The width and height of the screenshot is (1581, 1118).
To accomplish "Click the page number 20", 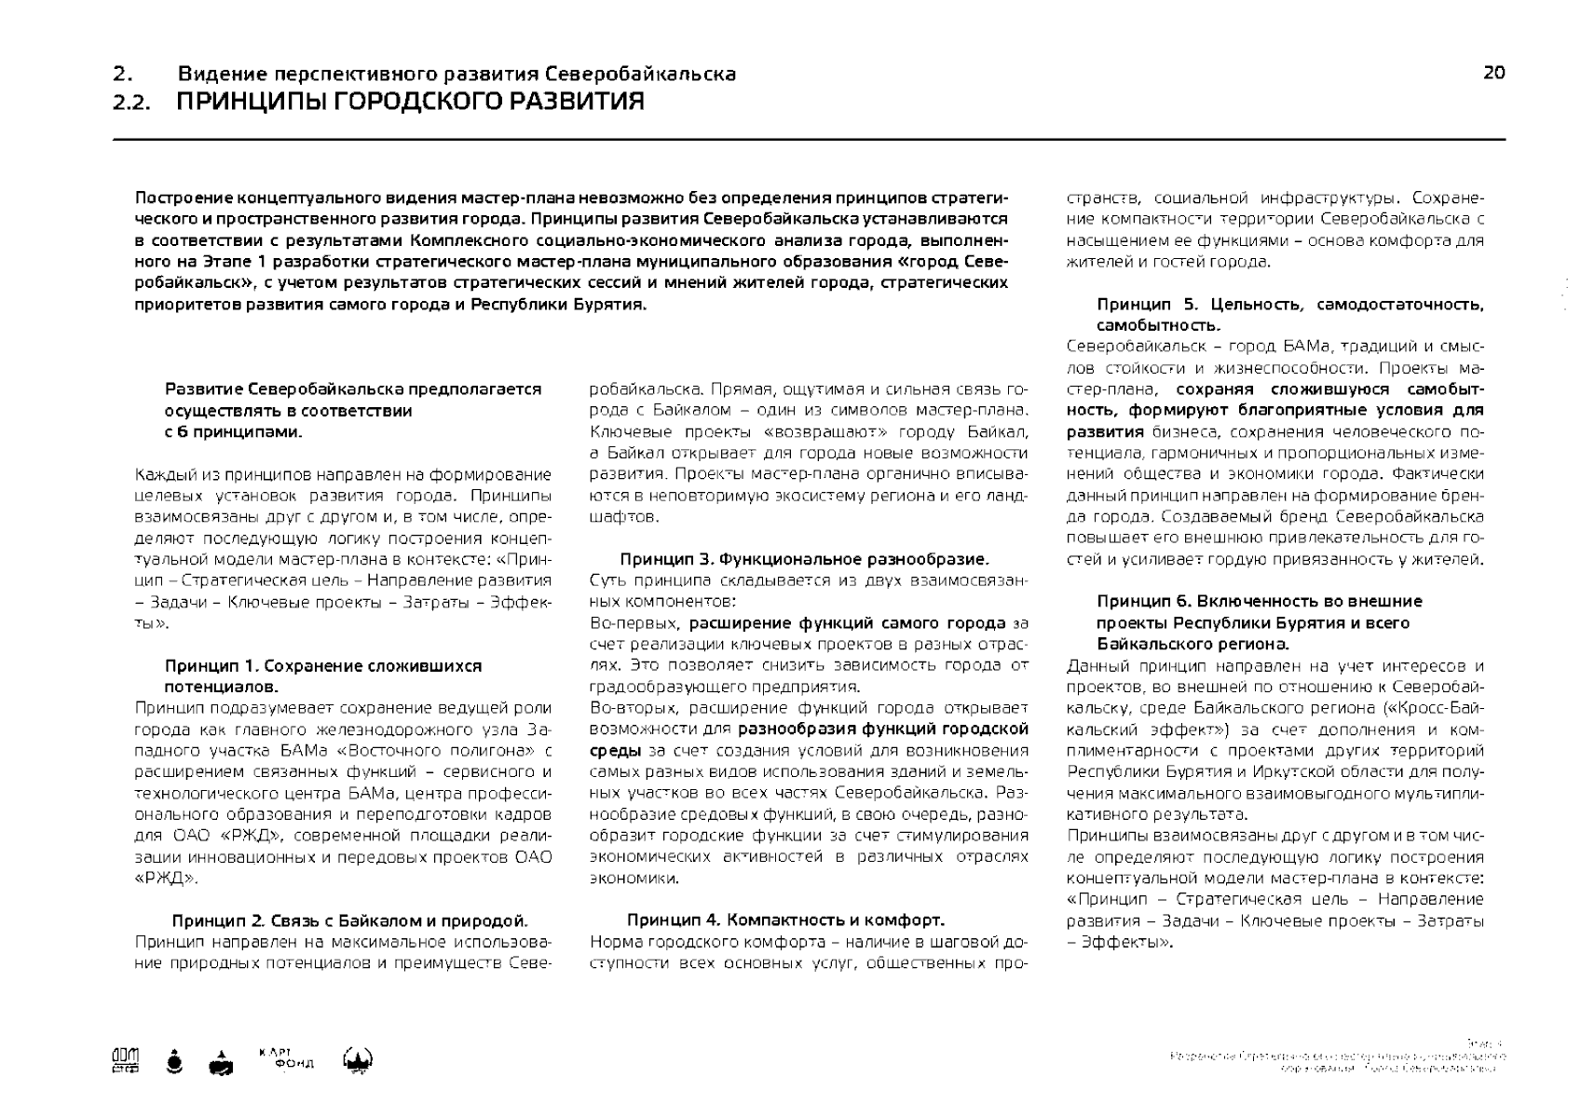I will pos(1493,74).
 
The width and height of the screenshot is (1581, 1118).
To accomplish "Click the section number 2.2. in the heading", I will pos(130,102).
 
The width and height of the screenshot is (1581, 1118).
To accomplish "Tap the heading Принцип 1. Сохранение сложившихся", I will pos(323,666).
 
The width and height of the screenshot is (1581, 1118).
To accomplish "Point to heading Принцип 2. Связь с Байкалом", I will pos(349,921).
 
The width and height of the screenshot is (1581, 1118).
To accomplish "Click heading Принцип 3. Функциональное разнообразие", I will pos(804,559).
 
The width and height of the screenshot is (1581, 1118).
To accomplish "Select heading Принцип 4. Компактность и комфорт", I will pos(785,920).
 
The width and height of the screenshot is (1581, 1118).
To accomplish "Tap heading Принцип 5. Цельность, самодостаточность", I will pos(1289,305).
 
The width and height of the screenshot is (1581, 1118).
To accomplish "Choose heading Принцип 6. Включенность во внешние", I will pos(1259,601).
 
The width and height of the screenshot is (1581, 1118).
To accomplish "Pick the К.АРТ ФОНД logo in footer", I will pos(286,1058).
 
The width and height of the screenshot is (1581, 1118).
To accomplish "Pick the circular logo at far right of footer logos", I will pos(359,1060).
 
